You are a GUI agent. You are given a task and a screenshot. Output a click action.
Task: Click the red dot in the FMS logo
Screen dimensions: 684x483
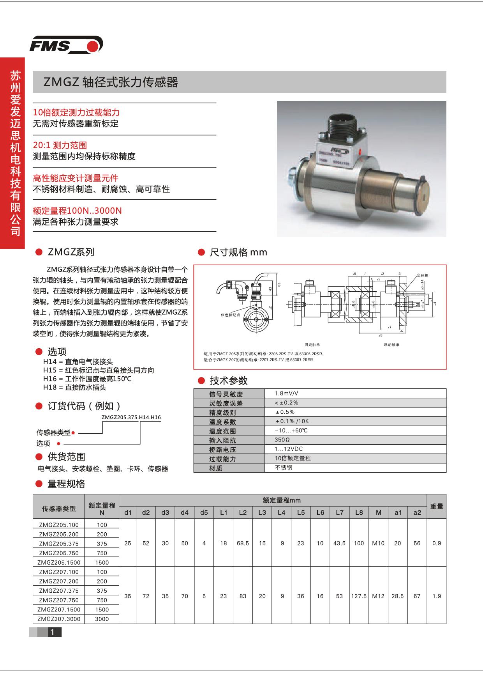(93, 46)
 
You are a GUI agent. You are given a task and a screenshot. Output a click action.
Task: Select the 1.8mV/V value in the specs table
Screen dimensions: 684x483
(286, 393)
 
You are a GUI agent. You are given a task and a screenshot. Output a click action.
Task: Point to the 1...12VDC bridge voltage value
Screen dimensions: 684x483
(289, 449)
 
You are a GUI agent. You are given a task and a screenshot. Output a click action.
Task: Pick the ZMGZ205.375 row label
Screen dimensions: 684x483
(59, 544)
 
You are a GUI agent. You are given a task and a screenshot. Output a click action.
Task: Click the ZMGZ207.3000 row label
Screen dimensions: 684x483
(59, 619)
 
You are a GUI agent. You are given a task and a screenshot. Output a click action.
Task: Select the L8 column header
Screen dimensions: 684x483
(359, 512)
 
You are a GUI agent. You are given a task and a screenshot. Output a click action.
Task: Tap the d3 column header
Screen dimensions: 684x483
(165, 512)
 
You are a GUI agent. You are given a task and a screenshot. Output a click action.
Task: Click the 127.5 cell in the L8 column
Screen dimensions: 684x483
(359, 596)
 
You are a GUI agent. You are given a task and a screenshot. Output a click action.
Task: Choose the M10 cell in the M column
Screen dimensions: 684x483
(378, 543)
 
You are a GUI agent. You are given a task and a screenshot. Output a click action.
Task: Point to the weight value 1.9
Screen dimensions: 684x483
(437, 596)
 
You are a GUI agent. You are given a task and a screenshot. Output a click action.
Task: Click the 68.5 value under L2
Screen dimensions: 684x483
(243, 543)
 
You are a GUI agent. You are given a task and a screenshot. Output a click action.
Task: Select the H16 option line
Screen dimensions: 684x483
(88, 379)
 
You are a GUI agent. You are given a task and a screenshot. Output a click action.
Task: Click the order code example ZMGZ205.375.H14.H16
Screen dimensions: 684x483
(131, 417)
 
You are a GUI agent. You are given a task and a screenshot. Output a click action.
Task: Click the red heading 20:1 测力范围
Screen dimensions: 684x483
(60, 145)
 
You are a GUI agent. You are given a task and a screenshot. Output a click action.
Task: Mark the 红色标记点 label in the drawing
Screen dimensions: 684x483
(231, 314)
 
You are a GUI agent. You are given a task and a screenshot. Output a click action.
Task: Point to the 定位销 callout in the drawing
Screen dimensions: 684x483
(423, 275)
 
